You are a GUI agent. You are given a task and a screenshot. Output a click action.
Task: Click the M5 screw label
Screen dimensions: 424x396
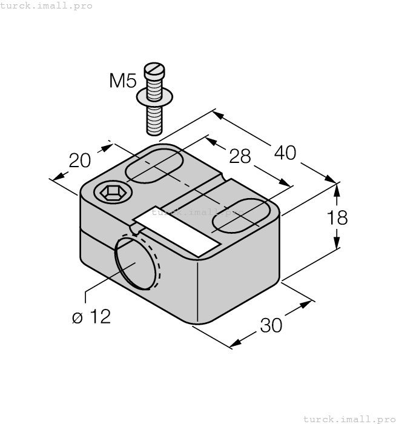tap(123, 81)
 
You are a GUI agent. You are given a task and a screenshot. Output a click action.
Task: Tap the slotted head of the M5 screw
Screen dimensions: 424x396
tap(154, 71)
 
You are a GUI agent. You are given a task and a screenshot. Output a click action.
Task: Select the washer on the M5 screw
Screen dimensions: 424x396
tap(155, 94)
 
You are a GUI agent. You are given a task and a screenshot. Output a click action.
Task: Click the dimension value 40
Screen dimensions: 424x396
tap(285, 153)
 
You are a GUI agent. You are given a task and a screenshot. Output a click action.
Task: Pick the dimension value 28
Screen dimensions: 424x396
tap(240, 156)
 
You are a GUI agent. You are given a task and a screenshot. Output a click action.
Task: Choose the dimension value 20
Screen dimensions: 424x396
tap(79, 161)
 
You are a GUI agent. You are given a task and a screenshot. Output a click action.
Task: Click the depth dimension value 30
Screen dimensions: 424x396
tap(271, 325)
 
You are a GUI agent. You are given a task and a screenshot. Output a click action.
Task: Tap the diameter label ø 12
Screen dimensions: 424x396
tap(91, 317)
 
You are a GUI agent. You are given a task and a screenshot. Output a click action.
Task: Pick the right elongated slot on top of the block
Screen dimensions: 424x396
tap(240, 215)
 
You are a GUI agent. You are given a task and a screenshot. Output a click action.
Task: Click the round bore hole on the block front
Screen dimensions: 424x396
tap(136, 262)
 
